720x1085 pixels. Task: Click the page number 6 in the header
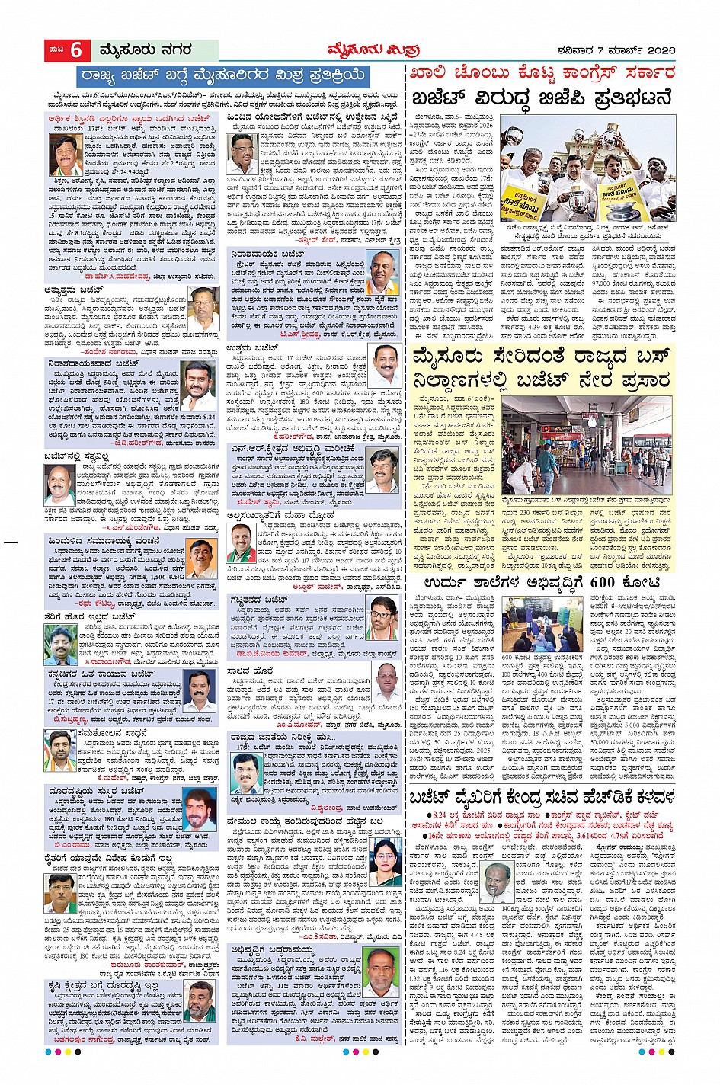(x=76, y=50)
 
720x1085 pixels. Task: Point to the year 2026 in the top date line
(x=659, y=51)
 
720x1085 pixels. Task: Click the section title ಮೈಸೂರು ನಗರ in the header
(x=145, y=50)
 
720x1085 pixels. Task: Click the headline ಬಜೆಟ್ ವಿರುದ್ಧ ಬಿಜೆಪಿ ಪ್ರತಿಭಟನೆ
(x=542, y=100)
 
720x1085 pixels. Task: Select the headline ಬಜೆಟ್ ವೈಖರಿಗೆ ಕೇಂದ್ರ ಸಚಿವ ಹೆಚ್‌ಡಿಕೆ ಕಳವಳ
(x=542, y=797)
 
